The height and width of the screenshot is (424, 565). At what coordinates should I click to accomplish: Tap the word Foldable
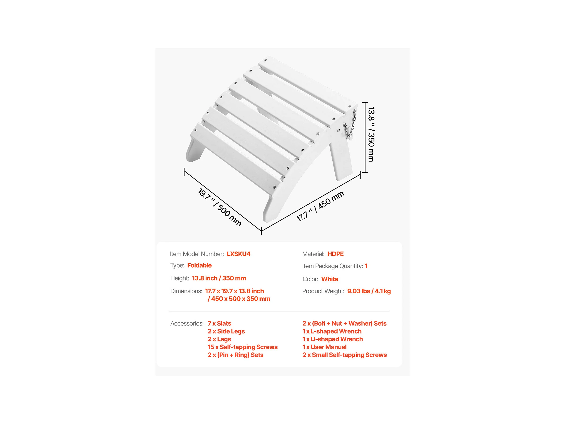coord(199,265)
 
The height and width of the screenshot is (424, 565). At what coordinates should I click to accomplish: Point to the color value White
coord(329,279)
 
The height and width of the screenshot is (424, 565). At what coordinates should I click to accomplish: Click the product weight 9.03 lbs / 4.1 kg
coord(369,291)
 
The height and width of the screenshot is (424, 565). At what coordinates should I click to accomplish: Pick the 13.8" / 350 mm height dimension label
coord(371,134)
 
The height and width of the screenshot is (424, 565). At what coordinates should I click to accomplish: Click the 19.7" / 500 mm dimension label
coord(220,207)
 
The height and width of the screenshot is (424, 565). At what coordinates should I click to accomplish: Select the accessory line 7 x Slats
coord(219,324)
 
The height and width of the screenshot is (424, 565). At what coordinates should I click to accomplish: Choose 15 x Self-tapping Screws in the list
coord(242,347)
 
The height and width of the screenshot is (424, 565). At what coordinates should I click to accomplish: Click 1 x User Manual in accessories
coord(324,347)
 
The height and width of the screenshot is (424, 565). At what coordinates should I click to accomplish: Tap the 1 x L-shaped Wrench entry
coord(332,332)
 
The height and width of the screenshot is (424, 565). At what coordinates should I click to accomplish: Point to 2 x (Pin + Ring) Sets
coord(235,355)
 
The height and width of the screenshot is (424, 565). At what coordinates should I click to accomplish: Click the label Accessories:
coord(187,324)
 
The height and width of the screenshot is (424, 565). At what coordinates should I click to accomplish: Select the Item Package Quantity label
coord(332,266)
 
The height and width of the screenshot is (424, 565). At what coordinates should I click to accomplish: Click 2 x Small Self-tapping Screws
coord(344,355)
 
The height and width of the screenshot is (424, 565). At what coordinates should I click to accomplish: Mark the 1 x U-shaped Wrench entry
coord(333,339)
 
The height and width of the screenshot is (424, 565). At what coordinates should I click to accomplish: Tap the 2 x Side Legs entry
coord(226,332)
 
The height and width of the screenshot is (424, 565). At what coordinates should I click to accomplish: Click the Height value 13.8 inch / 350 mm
coord(219,278)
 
